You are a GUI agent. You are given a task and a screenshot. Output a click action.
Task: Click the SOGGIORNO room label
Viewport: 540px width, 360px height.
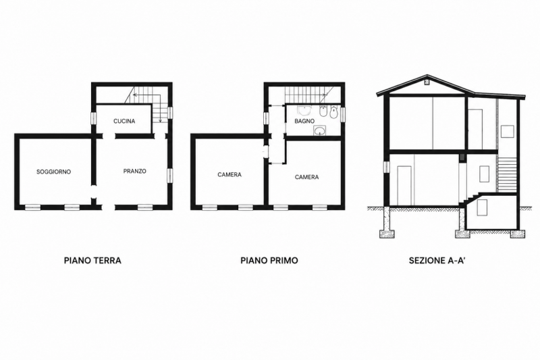pos(54,172)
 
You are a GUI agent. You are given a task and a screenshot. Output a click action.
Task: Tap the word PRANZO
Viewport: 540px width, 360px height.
pos(134,171)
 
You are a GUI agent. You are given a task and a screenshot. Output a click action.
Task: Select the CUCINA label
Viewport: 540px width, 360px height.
pos(124,122)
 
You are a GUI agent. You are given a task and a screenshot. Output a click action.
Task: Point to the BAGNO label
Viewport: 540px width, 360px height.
pos(304,122)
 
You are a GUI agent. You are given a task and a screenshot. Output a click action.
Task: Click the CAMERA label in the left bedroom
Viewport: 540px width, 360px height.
pos(230,175)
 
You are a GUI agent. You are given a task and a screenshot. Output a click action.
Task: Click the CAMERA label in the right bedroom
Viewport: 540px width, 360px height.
pos(307,177)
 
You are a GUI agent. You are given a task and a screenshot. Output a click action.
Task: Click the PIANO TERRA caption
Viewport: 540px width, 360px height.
pos(92,260)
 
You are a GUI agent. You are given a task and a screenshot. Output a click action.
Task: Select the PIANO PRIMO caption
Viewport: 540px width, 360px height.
pos(269,260)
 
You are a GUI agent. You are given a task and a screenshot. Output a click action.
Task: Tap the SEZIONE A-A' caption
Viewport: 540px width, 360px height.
pos(437,260)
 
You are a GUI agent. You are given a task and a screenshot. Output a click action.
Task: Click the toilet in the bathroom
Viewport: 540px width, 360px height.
pos(334,112)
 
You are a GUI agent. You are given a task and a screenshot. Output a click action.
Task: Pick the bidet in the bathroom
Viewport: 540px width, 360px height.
pos(323,112)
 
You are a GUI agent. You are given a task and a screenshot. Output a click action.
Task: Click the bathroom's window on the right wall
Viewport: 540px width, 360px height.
pos(343,114)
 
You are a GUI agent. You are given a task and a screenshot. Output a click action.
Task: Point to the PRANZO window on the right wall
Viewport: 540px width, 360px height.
pos(169,176)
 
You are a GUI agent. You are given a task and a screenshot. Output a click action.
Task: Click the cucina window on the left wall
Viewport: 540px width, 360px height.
pos(93,118)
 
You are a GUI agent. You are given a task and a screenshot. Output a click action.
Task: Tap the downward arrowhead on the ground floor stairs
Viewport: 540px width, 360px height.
pos(161,121)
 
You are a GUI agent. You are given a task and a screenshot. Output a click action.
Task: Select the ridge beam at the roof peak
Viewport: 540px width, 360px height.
pos(427,82)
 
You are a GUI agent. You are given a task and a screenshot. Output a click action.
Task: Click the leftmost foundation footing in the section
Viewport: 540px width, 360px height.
pos(386,234)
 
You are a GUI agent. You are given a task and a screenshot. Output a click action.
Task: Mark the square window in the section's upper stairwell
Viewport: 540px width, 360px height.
pos(508,132)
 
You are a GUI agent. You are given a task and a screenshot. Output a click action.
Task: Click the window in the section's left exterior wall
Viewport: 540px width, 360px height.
pos(387,167)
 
